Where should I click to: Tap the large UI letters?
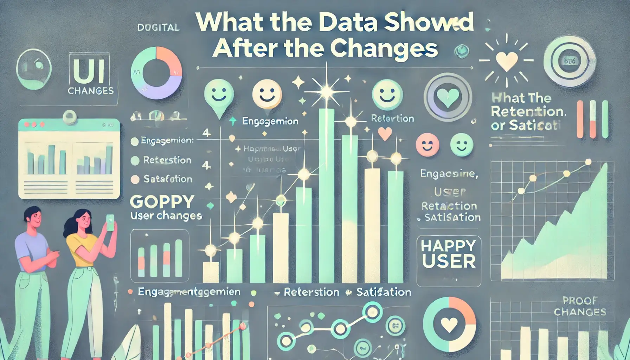point(89,71)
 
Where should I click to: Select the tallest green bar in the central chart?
point(326,195)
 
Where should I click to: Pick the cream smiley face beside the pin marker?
point(267,94)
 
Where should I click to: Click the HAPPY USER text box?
point(449,254)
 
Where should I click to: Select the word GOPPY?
point(162,202)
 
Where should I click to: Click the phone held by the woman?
point(110,222)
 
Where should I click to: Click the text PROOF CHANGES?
point(580,306)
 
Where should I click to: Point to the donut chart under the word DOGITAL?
point(156,73)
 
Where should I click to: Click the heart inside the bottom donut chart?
point(449,325)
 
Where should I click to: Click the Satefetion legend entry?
point(167,179)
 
